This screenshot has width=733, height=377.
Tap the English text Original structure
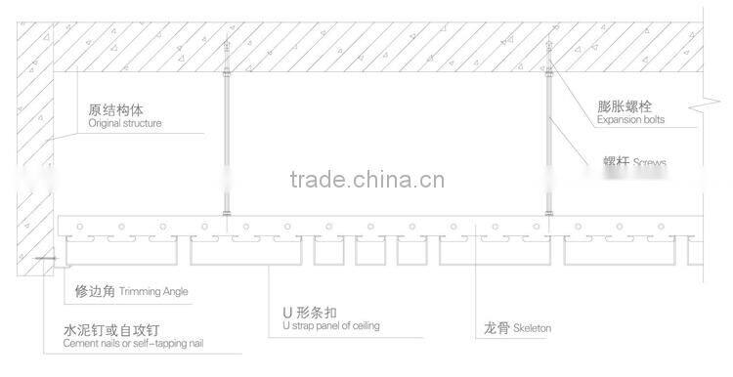[125, 124]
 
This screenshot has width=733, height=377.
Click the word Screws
[649, 161]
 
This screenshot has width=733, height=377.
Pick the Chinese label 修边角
[95, 290]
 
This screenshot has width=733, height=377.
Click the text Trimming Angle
[153, 292]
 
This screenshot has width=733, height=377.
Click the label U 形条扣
[309, 313]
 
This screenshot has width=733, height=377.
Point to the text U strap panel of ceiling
[330, 326]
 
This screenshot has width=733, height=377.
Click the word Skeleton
[531, 329]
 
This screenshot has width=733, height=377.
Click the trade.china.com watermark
[366, 180]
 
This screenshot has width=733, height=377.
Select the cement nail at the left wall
[41, 259]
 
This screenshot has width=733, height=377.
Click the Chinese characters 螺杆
[616, 161]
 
